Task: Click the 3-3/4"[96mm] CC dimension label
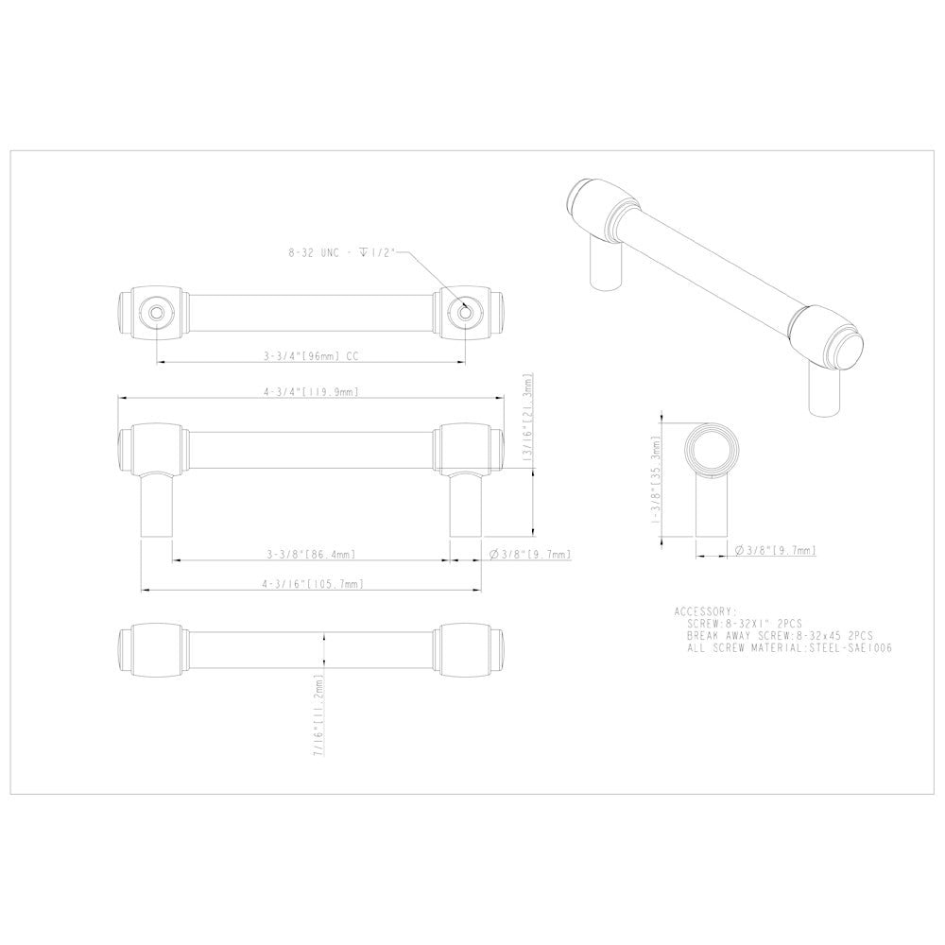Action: (x=310, y=358)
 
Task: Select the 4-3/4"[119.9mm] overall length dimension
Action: (x=310, y=390)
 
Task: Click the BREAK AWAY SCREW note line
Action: (x=781, y=636)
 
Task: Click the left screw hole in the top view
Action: (x=155, y=311)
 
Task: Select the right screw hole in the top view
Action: (x=463, y=311)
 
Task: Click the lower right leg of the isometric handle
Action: (x=823, y=390)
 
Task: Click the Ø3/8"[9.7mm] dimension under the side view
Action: (x=775, y=549)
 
